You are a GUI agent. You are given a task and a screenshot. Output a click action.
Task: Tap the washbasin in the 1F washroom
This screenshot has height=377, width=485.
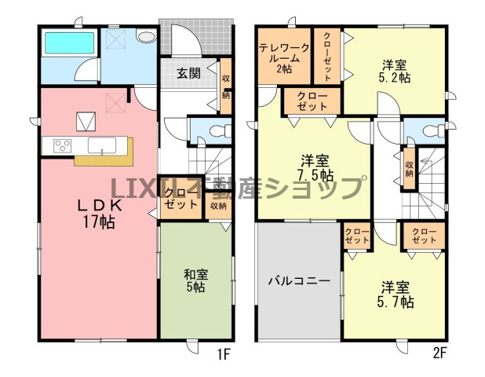click(147, 37)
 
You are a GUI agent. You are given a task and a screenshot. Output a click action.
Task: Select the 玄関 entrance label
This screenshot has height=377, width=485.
click(188, 73)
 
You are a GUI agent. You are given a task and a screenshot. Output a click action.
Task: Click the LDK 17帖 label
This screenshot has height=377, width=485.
click(99, 214)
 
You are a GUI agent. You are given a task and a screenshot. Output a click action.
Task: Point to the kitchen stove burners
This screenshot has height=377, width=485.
click(63, 145)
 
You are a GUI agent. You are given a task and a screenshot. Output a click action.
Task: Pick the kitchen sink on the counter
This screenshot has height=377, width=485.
click(102, 145)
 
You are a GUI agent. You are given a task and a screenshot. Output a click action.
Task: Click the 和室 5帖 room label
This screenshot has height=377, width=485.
click(195, 280)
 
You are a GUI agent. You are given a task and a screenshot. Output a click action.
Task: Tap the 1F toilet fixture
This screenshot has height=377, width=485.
click(221, 131)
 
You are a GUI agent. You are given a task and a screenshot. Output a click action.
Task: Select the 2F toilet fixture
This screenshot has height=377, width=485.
click(434, 131)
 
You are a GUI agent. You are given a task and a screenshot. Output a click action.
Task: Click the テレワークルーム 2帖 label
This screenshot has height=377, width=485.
click(284, 58)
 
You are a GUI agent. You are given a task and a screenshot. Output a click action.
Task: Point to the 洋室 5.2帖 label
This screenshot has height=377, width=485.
click(395, 71)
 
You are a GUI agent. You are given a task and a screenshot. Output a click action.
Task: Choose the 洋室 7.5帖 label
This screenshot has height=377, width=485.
click(315, 167)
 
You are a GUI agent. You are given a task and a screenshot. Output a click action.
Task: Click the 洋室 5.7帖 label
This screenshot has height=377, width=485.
click(395, 295)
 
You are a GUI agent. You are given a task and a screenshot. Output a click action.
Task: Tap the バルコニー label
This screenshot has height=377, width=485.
click(299, 281)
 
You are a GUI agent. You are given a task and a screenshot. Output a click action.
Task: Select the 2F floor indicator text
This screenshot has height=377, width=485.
click(439, 353)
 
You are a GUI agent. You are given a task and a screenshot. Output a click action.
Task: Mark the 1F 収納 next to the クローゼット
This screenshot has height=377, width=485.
click(218, 206)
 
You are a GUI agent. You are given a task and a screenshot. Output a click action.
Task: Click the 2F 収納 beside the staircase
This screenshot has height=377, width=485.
click(409, 169)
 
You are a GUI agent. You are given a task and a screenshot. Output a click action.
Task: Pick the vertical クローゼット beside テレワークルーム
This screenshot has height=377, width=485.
click(327, 56)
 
